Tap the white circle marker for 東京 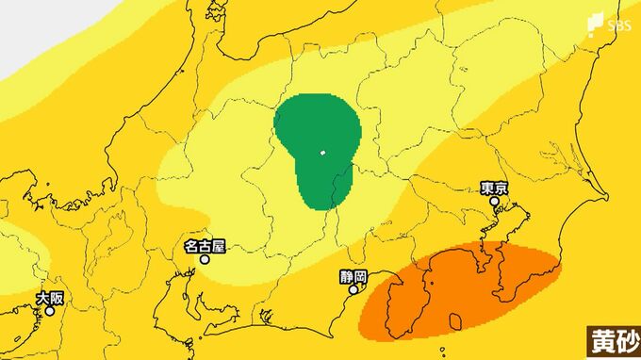493,201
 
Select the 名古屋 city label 205,247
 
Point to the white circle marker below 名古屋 204,259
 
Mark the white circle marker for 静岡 354,290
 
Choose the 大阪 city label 50,298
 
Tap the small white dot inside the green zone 322,153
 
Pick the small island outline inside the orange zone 456,322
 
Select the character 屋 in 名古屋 220,247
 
